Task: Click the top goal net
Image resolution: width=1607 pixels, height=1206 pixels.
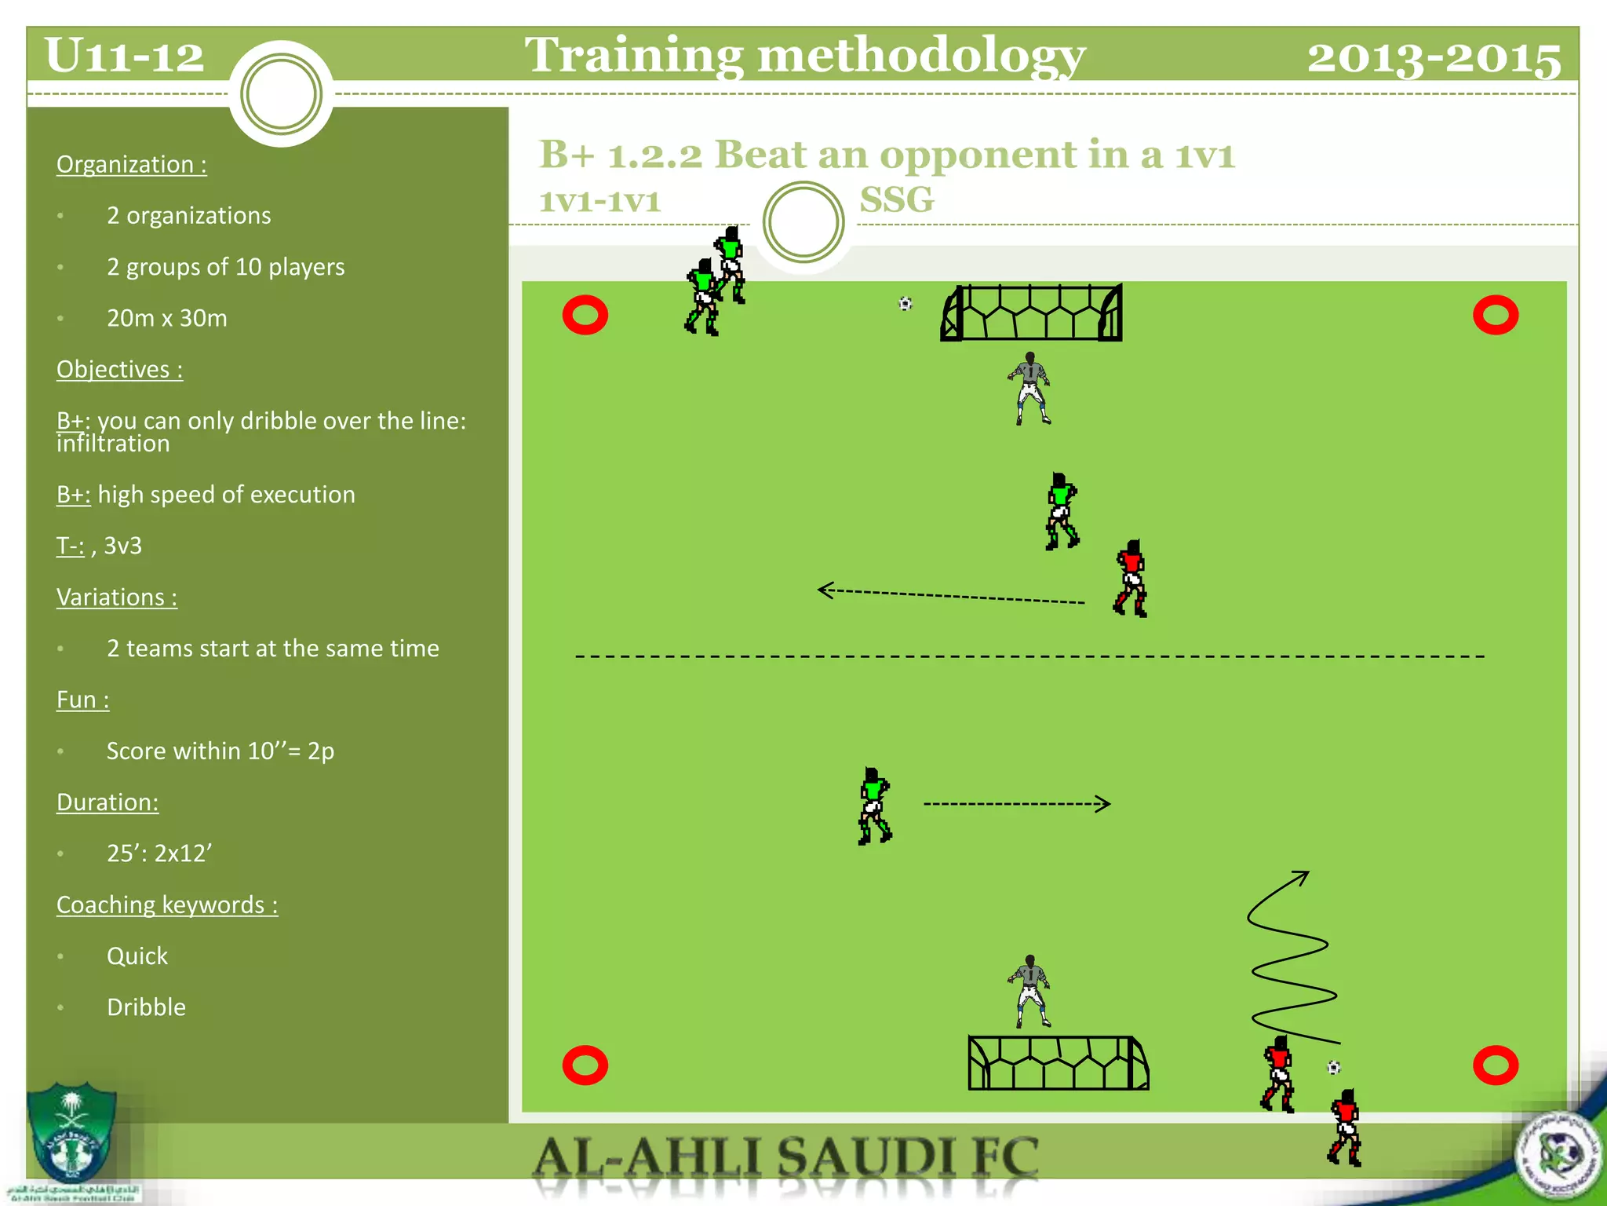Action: [x=1032, y=313]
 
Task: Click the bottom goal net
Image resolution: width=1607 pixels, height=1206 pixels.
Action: [x=1058, y=1063]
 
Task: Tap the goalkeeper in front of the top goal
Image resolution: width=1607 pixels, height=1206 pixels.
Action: [x=1029, y=389]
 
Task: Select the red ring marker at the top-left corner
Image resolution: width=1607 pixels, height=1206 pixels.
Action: [x=585, y=316]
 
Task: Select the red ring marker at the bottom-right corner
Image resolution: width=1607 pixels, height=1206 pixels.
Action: [x=1496, y=1065]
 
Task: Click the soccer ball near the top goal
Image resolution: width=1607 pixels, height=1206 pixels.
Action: [x=906, y=304]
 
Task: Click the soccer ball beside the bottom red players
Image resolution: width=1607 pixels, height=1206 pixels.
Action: [x=1334, y=1068]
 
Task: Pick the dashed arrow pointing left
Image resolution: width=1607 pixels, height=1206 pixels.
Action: [x=949, y=596]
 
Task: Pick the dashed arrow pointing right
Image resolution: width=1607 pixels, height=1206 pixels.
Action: [x=1017, y=804]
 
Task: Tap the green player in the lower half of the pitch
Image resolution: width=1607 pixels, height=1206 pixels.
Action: [x=874, y=806]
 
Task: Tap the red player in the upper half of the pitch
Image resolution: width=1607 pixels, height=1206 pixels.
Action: [x=1131, y=579]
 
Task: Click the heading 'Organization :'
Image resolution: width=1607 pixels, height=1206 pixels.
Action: [x=132, y=164]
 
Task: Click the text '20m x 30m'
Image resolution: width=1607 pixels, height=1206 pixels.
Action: [x=167, y=318]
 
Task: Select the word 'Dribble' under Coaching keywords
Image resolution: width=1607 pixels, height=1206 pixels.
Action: [x=147, y=1007]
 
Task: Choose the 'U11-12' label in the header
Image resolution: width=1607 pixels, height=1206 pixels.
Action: [x=125, y=56]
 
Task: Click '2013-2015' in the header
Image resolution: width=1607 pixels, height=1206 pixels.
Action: [x=1434, y=57]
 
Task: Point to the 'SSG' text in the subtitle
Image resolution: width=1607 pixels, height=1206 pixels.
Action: [x=897, y=199]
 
